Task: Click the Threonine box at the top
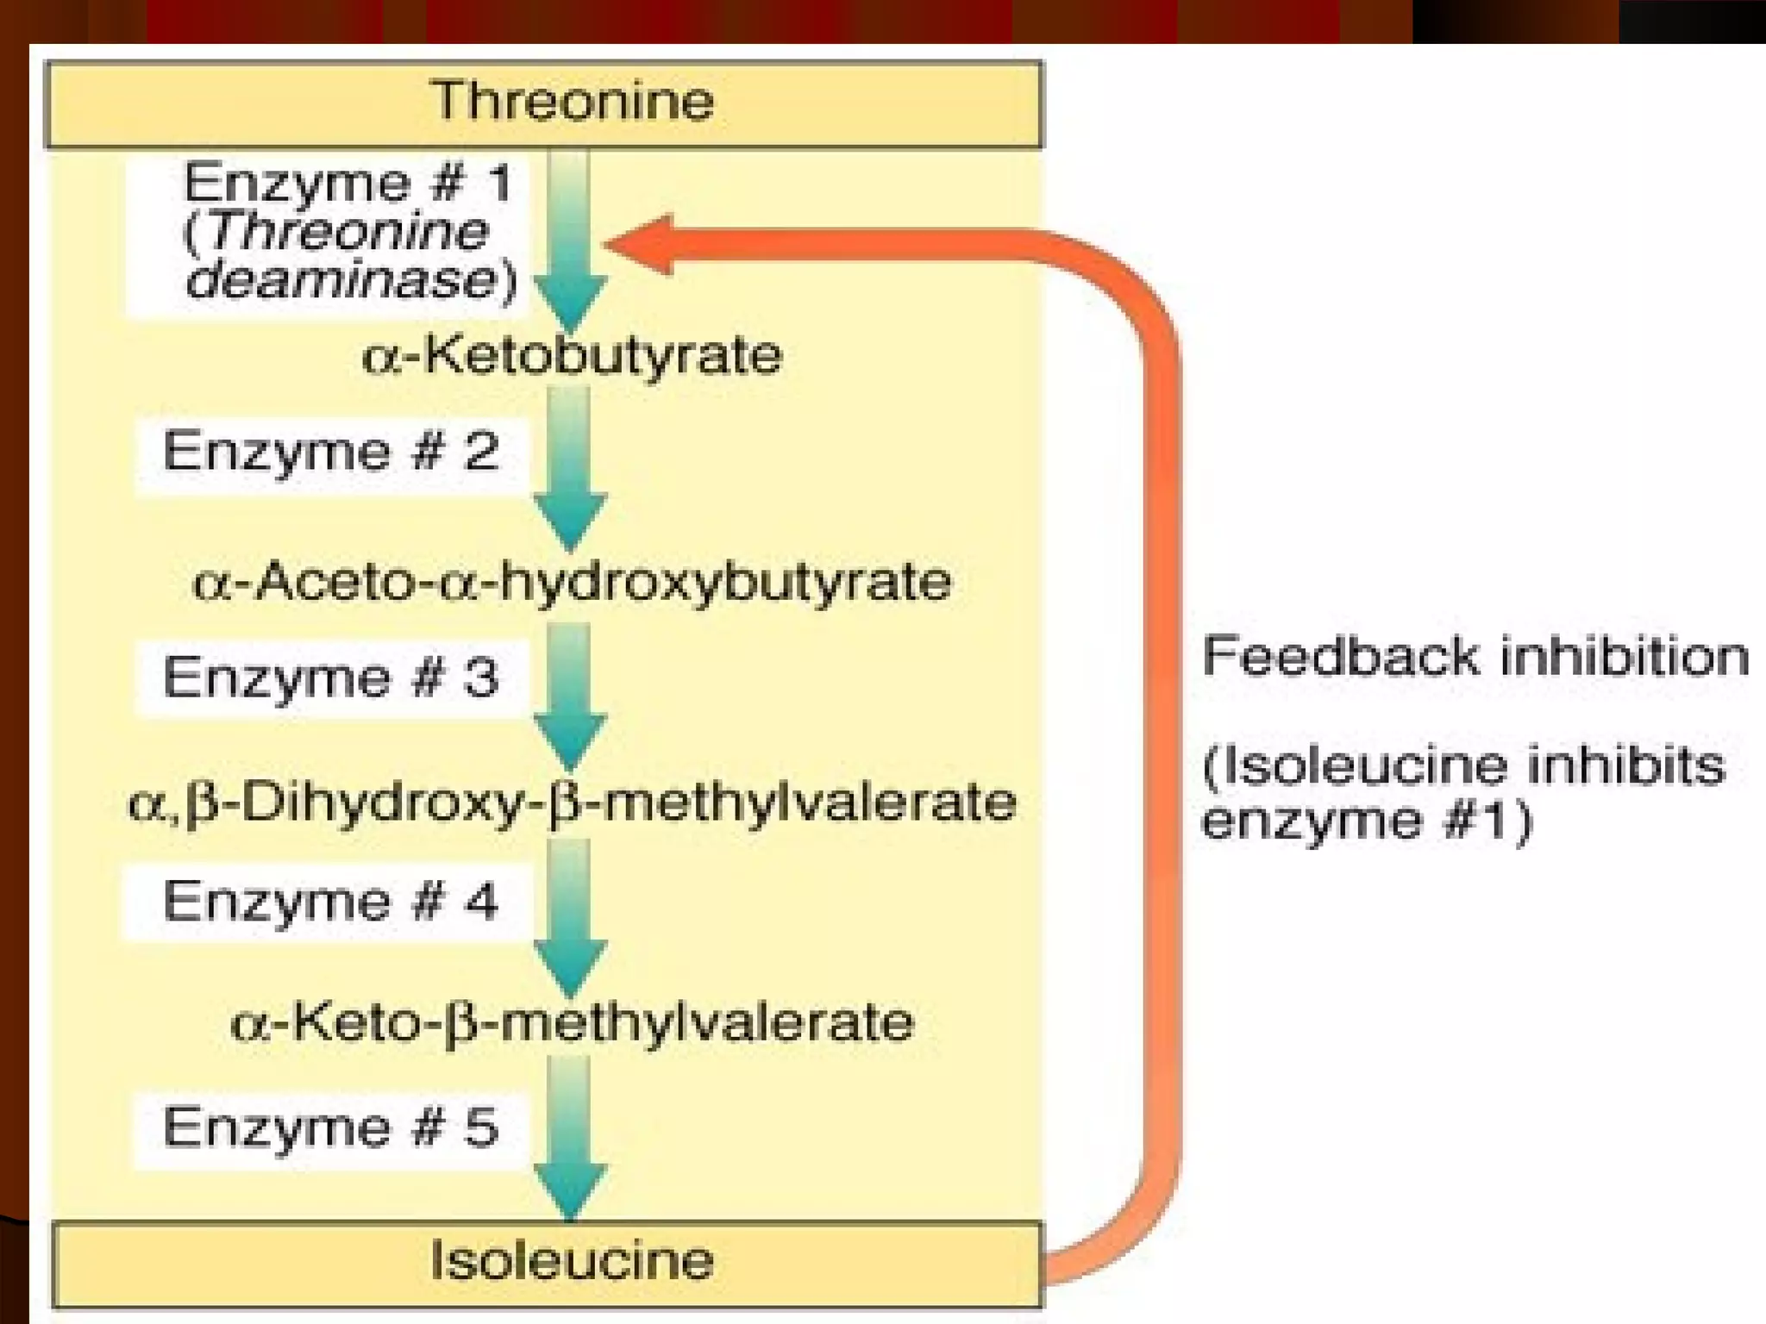click(x=543, y=103)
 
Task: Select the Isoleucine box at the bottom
click(x=547, y=1263)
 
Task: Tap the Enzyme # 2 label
click(x=331, y=453)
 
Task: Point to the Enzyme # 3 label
click(x=331, y=678)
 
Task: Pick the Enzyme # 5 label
click(x=331, y=1128)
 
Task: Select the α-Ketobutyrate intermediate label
click(x=572, y=355)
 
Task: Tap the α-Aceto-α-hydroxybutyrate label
click(x=572, y=581)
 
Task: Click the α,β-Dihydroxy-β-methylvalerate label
click(x=572, y=803)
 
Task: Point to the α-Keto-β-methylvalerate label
click(x=572, y=1024)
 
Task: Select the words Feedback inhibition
click(x=1475, y=657)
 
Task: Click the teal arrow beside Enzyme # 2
click(x=570, y=470)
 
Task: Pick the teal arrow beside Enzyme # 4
click(x=570, y=918)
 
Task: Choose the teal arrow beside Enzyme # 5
click(x=570, y=1138)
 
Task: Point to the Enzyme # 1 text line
click(x=348, y=184)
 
